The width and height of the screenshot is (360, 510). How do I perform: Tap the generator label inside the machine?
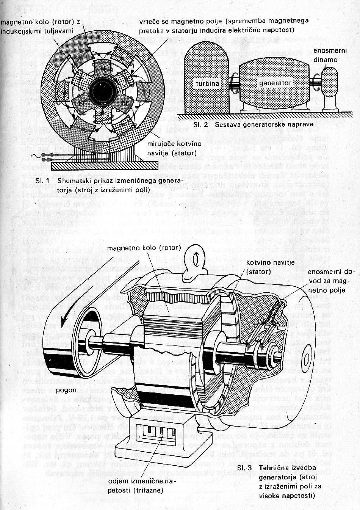tap(275, 83)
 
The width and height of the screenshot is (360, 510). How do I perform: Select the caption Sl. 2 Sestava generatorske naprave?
tap(253, 124)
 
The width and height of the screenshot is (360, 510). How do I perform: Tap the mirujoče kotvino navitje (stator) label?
tap(171, 149)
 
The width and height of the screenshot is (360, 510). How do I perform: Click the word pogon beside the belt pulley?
tap(66, 389)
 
